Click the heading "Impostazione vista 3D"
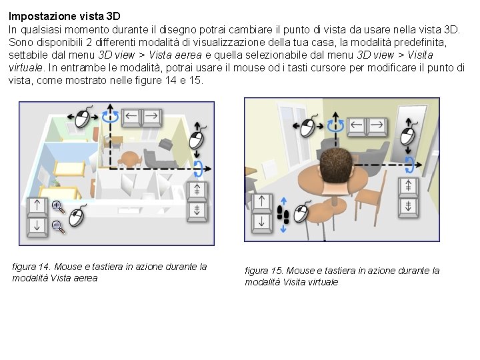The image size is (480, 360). tap(64, 16)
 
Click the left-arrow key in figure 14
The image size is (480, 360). tap(131, 117)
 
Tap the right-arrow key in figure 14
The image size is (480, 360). tap(151, 117)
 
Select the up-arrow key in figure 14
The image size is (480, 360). tap(37, 207)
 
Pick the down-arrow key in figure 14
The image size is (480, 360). tap(37, 227)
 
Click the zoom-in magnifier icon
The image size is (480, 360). tap(58, 207)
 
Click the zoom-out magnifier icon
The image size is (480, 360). tap(58, 227)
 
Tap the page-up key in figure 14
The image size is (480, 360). tap(197, 191)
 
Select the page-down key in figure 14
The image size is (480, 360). tap(197, 211)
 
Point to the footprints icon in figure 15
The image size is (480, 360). tap(283, 215)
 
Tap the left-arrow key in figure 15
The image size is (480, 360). tap(357, 126)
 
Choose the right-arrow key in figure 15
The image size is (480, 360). tap(377, 126)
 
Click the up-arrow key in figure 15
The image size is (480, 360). tap(261, 203)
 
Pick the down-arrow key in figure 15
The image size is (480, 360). tap(261, 223)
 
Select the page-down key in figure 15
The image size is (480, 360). tap(408, 207)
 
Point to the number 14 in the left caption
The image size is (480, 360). tap(43, 267)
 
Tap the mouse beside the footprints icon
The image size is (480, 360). tap(302, 212)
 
